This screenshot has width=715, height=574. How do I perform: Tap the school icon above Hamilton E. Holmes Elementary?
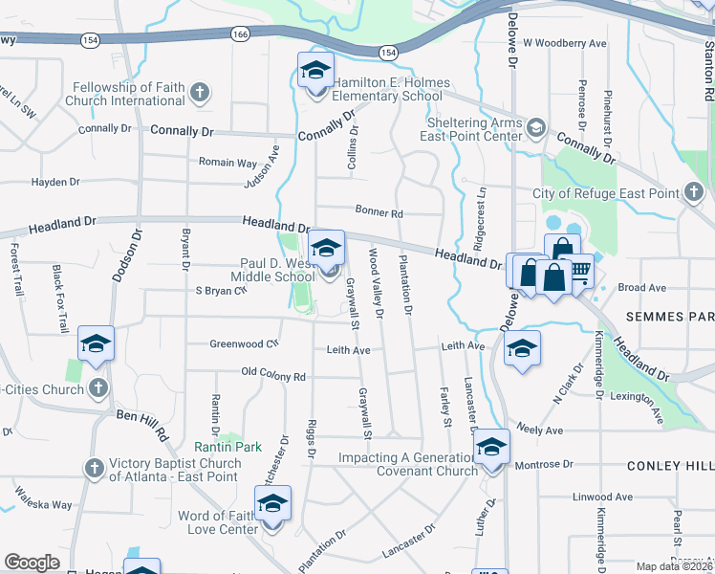315,71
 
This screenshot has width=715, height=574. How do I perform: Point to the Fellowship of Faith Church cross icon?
199,93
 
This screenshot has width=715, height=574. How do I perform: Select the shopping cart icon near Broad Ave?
579,274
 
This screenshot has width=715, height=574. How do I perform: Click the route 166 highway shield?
238,33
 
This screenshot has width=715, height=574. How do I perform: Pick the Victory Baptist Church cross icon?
94,469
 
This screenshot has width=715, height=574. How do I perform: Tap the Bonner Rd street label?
379,212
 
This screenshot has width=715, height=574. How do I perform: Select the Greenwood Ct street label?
244,343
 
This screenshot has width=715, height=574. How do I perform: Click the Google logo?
32,563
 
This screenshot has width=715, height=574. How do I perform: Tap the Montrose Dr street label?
543,464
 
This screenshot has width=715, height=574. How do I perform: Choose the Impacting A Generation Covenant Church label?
408,464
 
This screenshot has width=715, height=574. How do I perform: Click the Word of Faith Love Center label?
217,522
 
